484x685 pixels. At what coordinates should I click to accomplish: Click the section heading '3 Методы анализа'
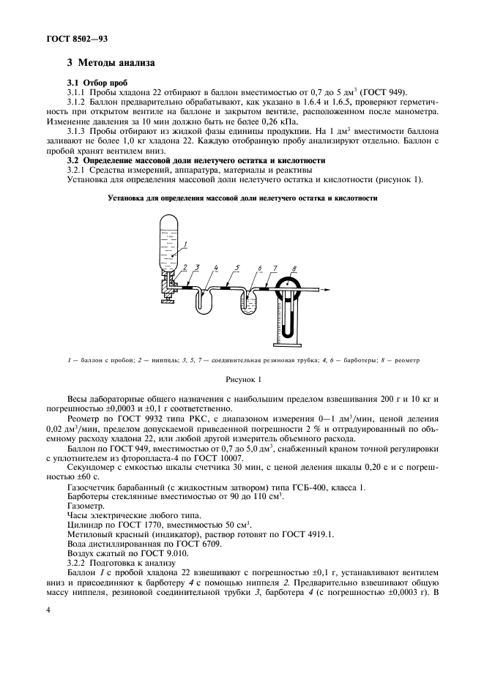pyautogui.click(x=110, y=64)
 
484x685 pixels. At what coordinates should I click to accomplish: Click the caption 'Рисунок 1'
pyautogui.click(x=242, y=379)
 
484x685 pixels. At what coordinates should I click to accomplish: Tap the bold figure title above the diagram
pyautogui.click(x=242, y=198)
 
